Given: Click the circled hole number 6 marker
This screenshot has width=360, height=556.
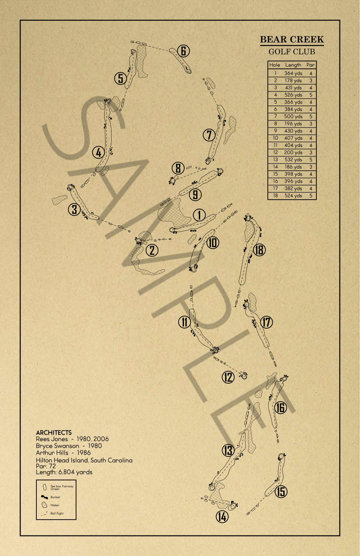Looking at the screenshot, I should click(183, 51).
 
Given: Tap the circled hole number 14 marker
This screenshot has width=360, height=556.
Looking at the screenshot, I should click(222, 517).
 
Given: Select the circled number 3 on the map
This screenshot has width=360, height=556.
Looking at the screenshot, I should click(75, 209).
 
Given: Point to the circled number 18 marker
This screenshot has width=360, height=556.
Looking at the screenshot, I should click(259, 249).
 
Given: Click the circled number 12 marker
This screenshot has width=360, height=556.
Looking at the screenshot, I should click(228, 377).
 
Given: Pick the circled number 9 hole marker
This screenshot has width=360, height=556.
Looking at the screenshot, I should click(195, 195).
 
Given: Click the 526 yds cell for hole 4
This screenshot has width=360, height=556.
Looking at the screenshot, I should click(293, 95).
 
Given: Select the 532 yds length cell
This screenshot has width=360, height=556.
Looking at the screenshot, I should click(293, 160).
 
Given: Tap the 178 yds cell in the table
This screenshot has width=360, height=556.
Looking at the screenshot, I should click(293, 81).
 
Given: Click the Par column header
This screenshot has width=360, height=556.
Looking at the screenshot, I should click(310, 65).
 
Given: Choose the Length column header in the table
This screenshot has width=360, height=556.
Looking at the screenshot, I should click(293, 65).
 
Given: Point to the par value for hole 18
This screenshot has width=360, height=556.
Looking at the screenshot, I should click(311, 196).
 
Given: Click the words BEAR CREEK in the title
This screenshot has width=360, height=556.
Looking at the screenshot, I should click(292, 40).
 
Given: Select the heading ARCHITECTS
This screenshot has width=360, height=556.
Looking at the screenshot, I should click(54, 433).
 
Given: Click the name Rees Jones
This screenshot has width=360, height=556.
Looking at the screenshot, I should click(52, 439).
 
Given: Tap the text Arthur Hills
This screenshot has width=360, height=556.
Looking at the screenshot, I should click(52, 453).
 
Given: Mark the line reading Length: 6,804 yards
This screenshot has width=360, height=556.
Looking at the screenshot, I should click(64, 472).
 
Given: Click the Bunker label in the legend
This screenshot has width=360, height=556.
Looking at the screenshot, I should click(55, 497).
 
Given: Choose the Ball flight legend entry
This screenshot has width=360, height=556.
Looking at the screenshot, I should click(57, 514).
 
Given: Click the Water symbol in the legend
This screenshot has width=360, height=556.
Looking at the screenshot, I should click(44, 505).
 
